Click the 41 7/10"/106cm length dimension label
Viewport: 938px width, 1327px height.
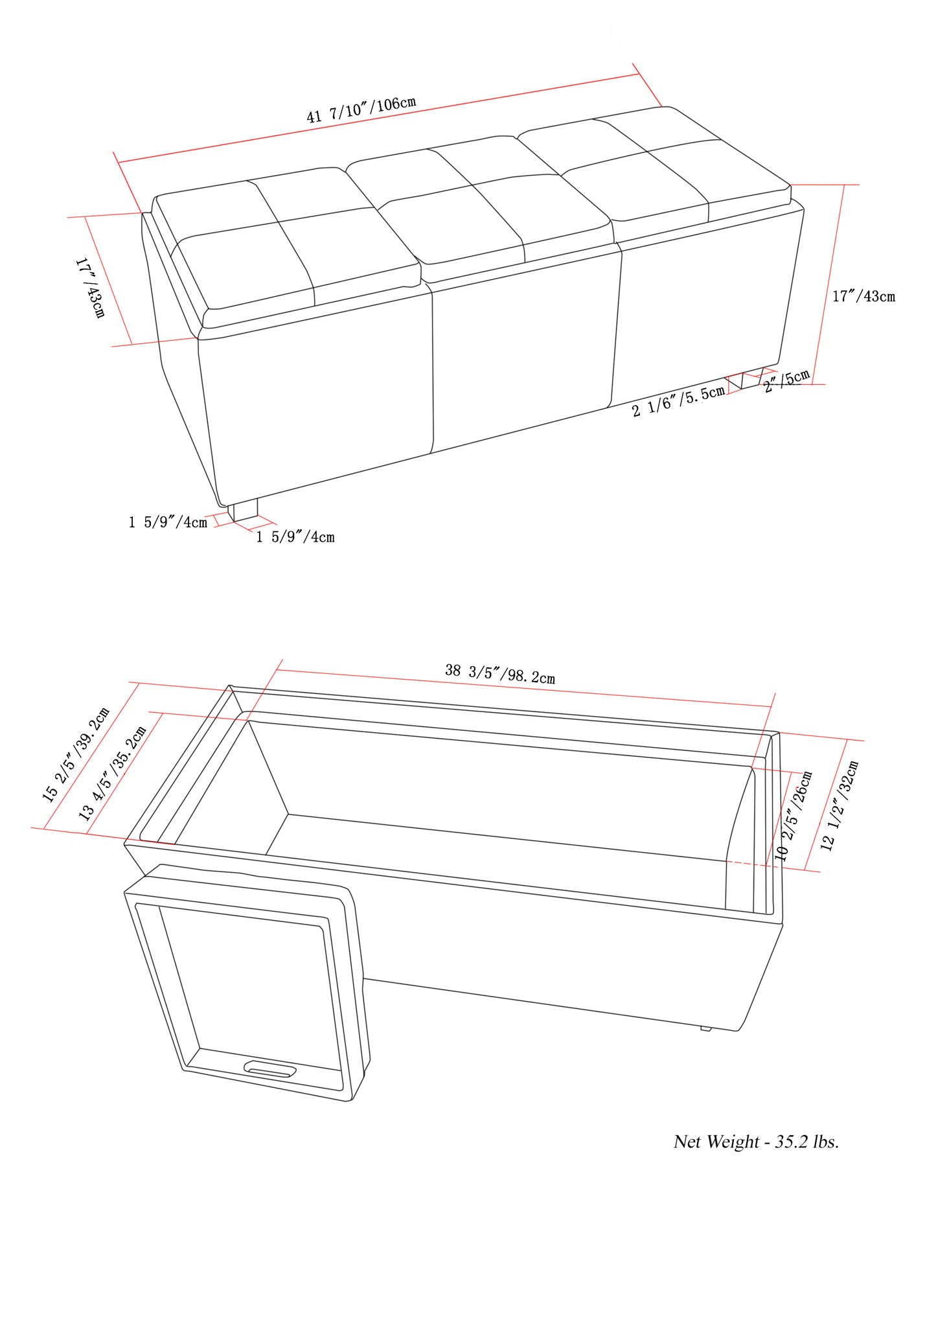[x=361, y=110]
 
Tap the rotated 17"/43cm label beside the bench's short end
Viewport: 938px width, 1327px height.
[x=89, y=288]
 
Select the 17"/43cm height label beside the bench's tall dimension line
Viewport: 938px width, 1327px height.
[x=864, y=296]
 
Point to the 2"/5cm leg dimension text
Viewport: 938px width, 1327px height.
[x=786, y=382]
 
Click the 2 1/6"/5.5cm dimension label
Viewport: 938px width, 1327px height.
[x=678, y=401]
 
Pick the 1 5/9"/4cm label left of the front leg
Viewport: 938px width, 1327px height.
[x=168, y=522]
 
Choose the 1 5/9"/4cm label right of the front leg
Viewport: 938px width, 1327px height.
[x=295, y=537]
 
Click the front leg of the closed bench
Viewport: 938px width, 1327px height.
[x=246, y=511]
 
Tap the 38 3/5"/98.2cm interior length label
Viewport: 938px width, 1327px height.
[x=499, y=674]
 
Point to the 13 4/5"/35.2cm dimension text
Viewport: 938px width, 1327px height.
[x=113, y=773]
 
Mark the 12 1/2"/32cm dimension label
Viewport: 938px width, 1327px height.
[x=839, y=806]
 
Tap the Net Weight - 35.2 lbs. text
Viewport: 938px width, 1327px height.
[x=756, y=1159]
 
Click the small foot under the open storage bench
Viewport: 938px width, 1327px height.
[x=705, y=1028]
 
